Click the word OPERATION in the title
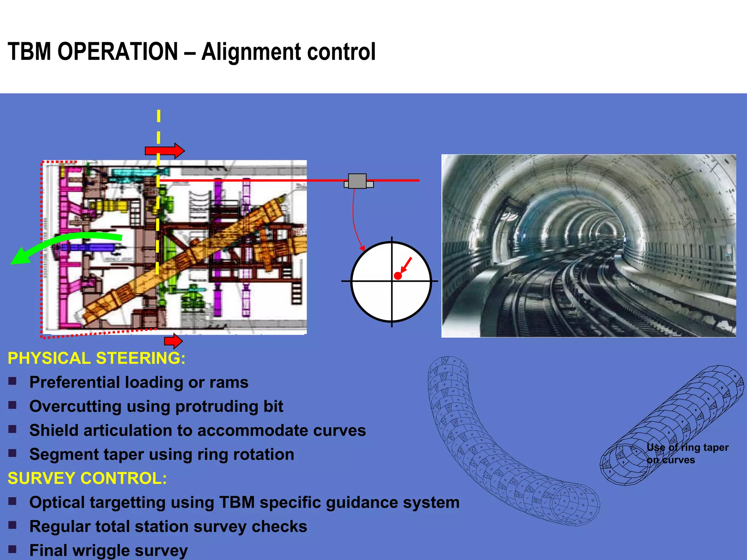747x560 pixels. click(117, 51)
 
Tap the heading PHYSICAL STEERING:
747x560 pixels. click(96, 358)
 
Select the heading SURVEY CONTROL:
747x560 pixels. click(87, 478)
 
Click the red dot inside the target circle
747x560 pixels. click(398, 276)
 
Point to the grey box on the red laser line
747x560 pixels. click(357, 181)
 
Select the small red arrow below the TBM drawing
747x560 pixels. click(173, 341)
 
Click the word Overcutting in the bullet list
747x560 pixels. click(75, 407)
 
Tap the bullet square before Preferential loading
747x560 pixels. click(12, 381)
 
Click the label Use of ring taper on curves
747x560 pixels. click(687, 454)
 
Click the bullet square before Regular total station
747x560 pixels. click(12, 525)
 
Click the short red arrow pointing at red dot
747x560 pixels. click(406, 265)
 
